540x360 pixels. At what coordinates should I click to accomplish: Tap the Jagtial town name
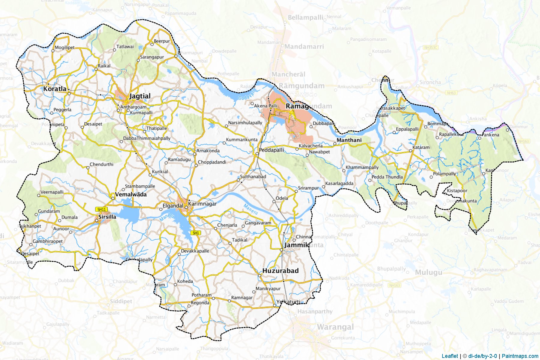pyautogui.click(x=139, y=96)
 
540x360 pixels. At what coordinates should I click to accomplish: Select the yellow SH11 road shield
pyautogui.click(x=101, y=209)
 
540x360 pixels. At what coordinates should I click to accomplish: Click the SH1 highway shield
pyautogui.click(x=196, y=233)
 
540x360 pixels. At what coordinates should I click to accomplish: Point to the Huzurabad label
pyautogui.click(x=280, y=271)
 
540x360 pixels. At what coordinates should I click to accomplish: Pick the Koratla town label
pyautogui.click(x=55, y=89)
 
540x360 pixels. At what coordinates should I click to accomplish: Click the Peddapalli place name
pyautogui.click(x=271, y=150)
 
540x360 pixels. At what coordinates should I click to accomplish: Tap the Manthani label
pyautogui.click(x=349, y=140)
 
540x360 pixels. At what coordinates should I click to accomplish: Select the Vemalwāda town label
pyautogui.click(x=131, y=194)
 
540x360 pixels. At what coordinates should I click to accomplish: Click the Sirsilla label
pyautogui.click(x=107, y=217)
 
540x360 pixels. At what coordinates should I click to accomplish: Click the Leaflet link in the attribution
pyautogui.click(x=450, y=356)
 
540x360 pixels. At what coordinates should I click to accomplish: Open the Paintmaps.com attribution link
pyautogui.click(x=520, y=356)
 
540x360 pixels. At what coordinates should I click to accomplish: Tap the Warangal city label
pyautogui.click(x=335, y=327)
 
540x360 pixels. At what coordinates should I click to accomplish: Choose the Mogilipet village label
pyautogui.click(x=64, y=47)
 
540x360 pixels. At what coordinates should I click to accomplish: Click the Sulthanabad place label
pyautogui.click(x=253, y=177)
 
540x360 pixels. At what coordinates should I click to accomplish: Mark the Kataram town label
pyautogui.click(x=421, y=148)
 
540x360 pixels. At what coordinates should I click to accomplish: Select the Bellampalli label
pyautogui.click(x=306, y=17)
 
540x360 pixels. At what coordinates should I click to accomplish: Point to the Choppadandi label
pyautogui.click(x=212, y=162)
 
